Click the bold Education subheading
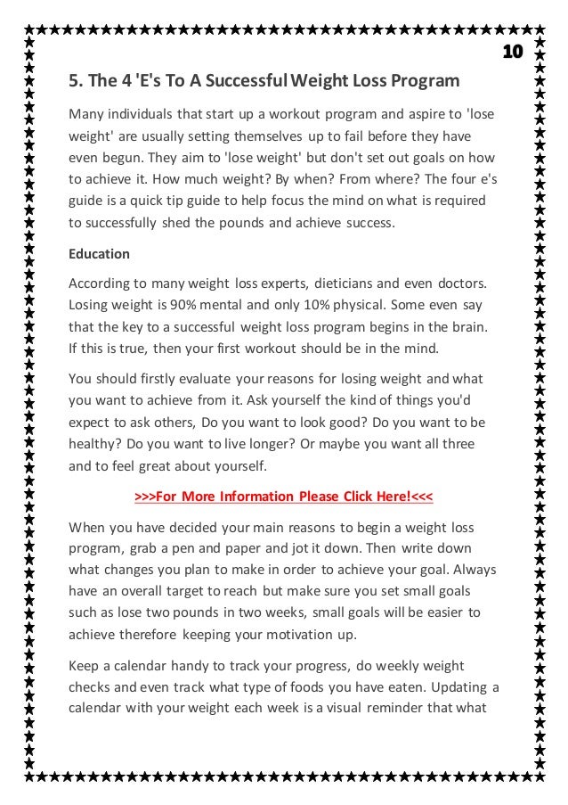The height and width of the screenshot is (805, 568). [x=99, y=254]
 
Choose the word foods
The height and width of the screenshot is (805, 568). [x=334, y=687]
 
